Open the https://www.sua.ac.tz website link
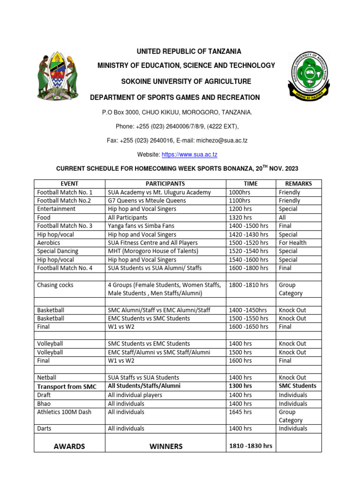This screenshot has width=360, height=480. pyautogui.click(x=189, y=155)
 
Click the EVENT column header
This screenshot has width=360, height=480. pyautogui.click(x=69, y=184)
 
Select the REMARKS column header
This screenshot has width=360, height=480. pyautogui.click(x=299, y=184)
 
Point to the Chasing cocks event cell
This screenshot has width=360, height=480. pyautogui.click(x=55, y=285)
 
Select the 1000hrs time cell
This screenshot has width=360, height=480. pyautogui.click(x=240, y=192)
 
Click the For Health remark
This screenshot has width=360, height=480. pyautogui.click(x=292, y=243)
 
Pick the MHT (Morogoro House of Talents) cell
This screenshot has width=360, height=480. pyautogui.click(x=153, y=251)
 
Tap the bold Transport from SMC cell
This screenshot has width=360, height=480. pyautogui.click(x=67, y=386)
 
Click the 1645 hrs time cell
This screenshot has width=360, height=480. pyautogui.click(x=240, y=412)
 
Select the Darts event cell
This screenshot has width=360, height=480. pyautogui.click(x=45, y=428)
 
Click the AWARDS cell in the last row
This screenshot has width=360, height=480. pyautogui.click(x=69, y=446)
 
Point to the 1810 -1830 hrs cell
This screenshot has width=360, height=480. pyautogui.click(x=250, y=446)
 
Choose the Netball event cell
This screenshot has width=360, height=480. pyautogui.click(x=47, y=377)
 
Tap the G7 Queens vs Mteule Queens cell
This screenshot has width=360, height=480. pyautogui.click(x=147, y=201)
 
